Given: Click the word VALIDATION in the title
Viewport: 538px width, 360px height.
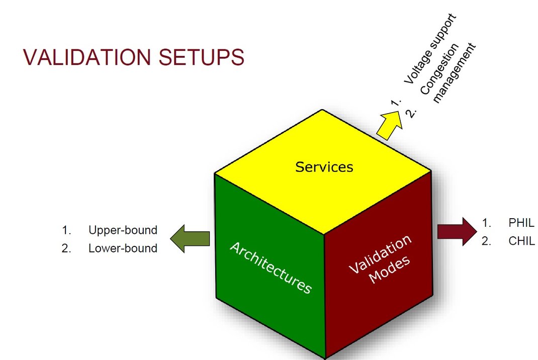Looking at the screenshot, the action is tap(87, 57).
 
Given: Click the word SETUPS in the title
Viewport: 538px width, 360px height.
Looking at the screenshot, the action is tap(202, 57).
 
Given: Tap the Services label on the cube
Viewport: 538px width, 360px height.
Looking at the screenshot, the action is tap(324, 167).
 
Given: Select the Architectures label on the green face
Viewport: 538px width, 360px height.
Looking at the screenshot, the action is tap(271, 267).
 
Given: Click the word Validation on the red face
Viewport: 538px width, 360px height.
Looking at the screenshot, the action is tap(380, 254).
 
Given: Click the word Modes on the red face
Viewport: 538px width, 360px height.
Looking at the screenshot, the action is tap(390, 269).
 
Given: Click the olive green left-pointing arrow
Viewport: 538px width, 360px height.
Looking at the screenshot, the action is tap(190, 238).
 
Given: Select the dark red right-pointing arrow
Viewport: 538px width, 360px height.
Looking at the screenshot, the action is tap(457, 232).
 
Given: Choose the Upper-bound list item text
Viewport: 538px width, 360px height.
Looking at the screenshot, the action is tap(123, 230).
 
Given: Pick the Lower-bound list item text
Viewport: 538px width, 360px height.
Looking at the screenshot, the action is tap(123, 248).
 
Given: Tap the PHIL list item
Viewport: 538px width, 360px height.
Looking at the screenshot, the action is tap(521, 223).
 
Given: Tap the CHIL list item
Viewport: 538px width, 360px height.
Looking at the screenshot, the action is tap(521, 241).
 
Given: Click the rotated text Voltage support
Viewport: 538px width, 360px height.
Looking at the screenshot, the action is tap(430, 49).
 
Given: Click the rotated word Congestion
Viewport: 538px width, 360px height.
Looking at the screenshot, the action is tap(439, 69).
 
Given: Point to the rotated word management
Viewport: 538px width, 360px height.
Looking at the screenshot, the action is tap(454, 73).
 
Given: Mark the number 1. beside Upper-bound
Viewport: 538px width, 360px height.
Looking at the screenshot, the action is tap(66, 230).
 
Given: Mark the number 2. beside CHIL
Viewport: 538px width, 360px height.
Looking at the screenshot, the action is tap(486, 241).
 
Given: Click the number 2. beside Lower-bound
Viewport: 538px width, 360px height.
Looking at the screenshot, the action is tap(66, 248).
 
